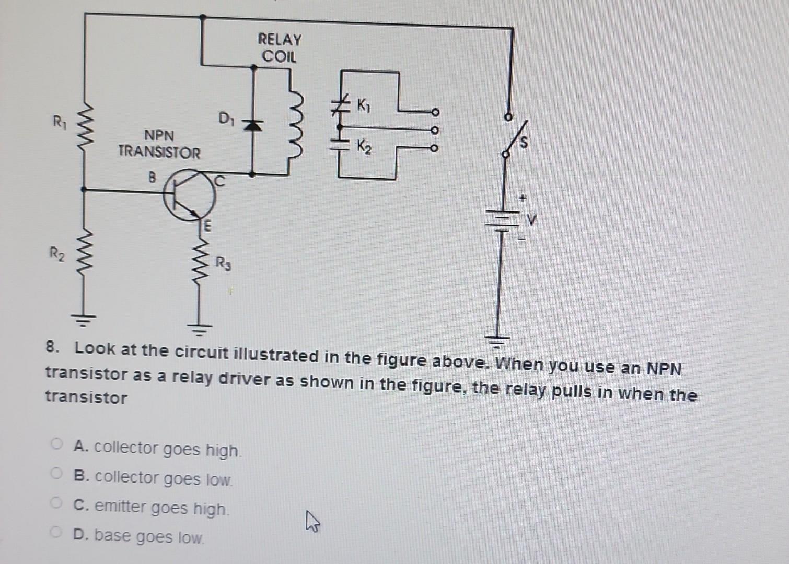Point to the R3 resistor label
223,263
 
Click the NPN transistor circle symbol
189,195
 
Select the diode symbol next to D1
253,124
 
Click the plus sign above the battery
521,198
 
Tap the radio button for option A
56,444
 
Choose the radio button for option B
56,474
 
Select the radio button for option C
56,503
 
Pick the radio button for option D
56,532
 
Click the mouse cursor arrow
312,521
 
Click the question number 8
51,347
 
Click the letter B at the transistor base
152,178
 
